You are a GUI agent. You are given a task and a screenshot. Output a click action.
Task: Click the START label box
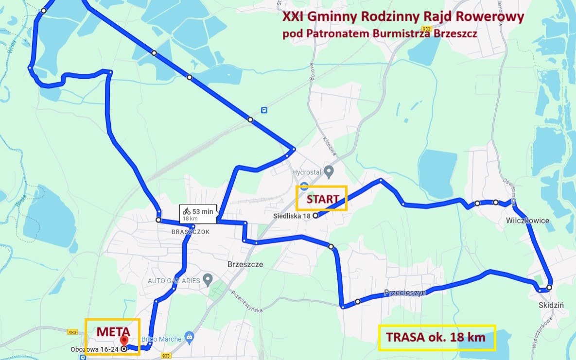click(x=322, y=198)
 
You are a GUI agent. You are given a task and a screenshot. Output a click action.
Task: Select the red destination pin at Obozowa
click(x=124, y=341)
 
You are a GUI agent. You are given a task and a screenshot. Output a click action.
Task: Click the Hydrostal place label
click(x=307, y=172)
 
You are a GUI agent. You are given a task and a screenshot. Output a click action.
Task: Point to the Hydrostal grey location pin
click(x=329, y=171)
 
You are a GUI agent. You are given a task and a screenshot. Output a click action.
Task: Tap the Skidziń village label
click(x=551, y=305)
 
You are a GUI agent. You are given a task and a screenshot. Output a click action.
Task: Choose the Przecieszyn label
click(x=405, y=293)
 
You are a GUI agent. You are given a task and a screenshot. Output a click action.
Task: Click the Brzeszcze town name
click(x=245, y=265)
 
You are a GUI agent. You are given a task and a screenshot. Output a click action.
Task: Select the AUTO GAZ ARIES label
click(x=174, y=281)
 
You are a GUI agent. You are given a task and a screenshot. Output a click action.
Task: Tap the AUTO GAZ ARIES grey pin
click(x=208, y=280)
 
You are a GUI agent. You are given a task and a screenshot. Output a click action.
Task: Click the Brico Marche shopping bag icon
click(x=190, y=337)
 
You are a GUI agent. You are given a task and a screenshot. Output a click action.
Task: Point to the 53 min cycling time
click(x=202, y=211)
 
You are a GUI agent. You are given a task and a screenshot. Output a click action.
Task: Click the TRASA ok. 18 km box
click(x=436, y=338)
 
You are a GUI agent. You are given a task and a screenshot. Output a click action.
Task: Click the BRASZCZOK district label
click(x=191, y=232)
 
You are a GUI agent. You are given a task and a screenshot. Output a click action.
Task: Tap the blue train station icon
click(x=263, y=110)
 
